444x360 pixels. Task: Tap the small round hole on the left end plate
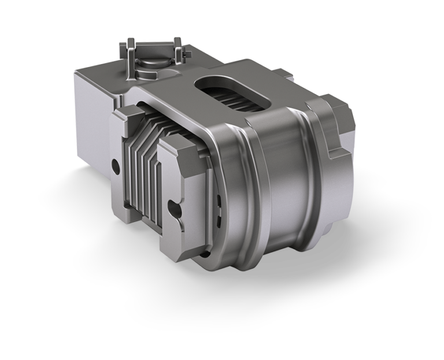coord(117,164)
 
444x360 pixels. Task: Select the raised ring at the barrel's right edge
coord(315,191)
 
